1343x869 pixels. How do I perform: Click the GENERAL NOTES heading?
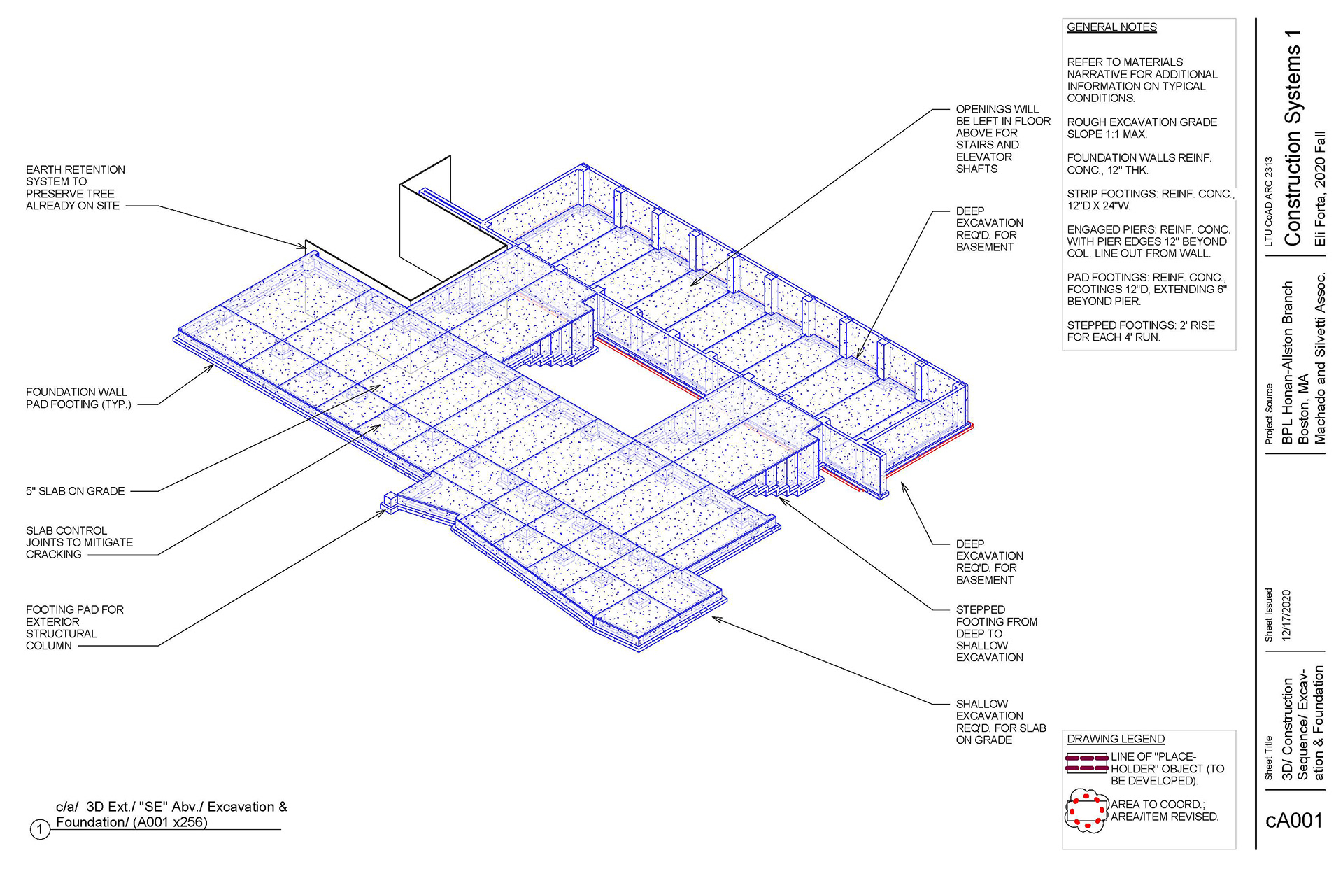pyautogui.click(x=1111, y=27)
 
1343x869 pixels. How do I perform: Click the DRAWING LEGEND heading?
pyautogui.click(x=1116, y=739)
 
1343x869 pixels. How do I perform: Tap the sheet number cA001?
pyautogui.click(x=1294, y=820)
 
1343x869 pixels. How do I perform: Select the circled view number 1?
pyautogui.click(x=41, y=830)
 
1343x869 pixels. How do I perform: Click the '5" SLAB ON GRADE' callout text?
pyautogui.click(x=76, y=491)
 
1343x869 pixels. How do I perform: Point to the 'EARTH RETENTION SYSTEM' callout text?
pyautogui.click(x=75, y=188)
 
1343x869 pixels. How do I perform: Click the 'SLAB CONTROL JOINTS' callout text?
pyautogui.click(x=79, y=542)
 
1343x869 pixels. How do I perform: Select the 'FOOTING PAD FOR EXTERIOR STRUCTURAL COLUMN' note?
pyautogui.click(x=74, y=628)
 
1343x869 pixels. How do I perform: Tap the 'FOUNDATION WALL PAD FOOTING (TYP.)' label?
pyautogui.click(x=78, y=398)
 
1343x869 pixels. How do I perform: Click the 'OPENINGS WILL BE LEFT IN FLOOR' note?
pyautogui.click(x=1002, y=139)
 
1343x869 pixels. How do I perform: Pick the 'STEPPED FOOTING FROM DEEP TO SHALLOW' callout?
pyautogui.click(x=996, y=633)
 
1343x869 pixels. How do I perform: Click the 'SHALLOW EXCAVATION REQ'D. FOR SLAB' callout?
pyautogui.click(x=1000, y=721)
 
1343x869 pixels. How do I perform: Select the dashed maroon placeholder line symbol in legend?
pyautogui.click(x=1086, y=763)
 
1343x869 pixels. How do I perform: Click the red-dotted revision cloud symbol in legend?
pyautogui.click(x=1086, y=811)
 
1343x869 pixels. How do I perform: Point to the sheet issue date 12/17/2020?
pyautogui.click(x=1286, y=616)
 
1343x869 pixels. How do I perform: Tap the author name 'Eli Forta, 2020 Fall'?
pyautogui.click(x=1320, y=188)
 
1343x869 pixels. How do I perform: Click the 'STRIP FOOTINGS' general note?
pyautogui.click(x=1150, y=199)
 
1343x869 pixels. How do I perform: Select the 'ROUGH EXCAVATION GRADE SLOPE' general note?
pyautogui.click(x=1142, y=128)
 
